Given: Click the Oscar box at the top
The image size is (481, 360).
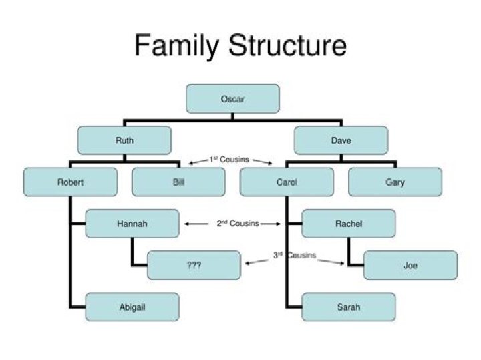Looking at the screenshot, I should [232, 99].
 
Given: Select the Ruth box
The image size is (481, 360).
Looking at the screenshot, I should [124, 140].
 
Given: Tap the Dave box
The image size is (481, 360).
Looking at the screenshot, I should [341, 140].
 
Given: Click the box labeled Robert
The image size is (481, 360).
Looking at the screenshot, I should [70, 182].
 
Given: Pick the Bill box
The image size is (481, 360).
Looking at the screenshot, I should [178, 182].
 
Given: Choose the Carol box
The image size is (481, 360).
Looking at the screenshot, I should [287, 182].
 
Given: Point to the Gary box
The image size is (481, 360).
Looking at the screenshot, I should [395, 182].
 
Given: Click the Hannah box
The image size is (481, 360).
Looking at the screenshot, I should [132, 224].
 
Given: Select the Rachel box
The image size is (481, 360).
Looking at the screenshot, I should [349, 224].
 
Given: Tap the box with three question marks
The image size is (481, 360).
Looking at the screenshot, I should [194, 265].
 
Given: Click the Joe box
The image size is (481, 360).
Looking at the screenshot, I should [410, 265].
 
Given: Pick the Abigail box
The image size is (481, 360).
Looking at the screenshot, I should [132, 307].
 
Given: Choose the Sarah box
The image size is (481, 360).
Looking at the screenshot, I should [349, 307].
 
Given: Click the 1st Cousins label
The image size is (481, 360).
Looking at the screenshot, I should [229, 160].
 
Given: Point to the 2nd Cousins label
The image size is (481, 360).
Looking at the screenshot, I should [237, 224].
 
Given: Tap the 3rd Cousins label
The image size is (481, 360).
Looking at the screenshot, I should [295, 256].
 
